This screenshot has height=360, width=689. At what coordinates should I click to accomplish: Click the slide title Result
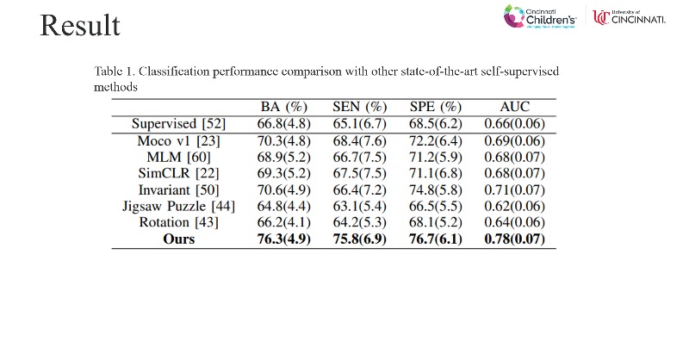coord(79,26)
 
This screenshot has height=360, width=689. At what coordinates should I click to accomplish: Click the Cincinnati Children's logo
coord(546,17)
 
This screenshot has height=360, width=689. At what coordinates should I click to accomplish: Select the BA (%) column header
coord(284,108)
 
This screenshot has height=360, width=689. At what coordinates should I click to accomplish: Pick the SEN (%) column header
coord(360,108)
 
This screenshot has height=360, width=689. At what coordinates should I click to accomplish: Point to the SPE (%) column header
coord(437,108)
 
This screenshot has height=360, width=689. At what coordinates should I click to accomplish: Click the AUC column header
coord(515,108)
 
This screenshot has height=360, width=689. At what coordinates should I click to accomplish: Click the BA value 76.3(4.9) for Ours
coord(284,239)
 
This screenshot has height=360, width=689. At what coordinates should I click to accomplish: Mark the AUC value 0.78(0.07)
coord(515,239)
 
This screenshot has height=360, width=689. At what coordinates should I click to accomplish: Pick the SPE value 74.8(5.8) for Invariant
coord(437,189)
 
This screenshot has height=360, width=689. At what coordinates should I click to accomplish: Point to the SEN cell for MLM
coord(360,157)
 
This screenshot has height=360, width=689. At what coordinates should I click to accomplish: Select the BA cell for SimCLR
coord(284,173)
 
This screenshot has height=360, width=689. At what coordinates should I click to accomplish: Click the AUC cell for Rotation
coord(515,222)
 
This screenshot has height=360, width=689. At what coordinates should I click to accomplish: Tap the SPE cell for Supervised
coord(437,124)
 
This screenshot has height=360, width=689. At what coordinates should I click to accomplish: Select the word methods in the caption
coord(115,87)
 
